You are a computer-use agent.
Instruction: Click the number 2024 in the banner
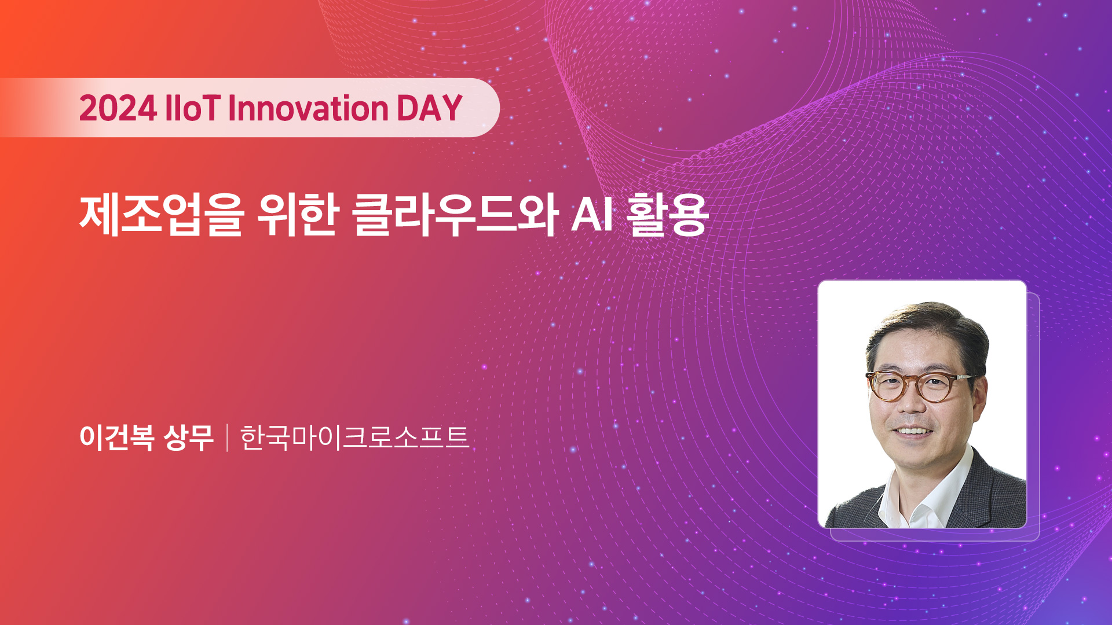point(118,108)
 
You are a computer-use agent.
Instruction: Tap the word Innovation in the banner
point(309,108)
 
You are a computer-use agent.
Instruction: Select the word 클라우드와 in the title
point(455,215)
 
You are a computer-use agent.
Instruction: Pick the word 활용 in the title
point(668,215)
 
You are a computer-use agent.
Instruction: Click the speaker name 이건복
point(117,437)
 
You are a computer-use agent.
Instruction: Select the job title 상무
point(189,437)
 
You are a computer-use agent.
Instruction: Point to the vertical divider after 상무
point(227,437)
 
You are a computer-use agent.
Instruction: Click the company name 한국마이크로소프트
point(354,437)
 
